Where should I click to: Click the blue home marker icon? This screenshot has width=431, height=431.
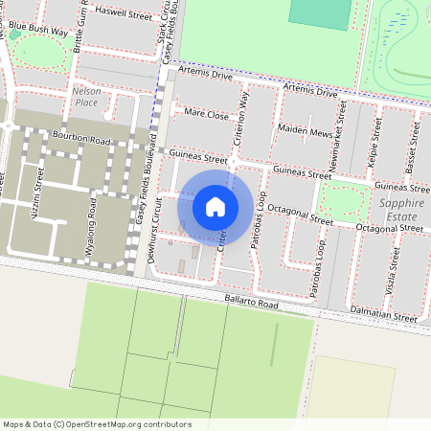[215, 206]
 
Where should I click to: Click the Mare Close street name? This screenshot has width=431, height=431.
[206, 114]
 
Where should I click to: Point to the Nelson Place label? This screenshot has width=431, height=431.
[85, 96]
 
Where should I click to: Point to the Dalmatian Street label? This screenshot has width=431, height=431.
[382, 316]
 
